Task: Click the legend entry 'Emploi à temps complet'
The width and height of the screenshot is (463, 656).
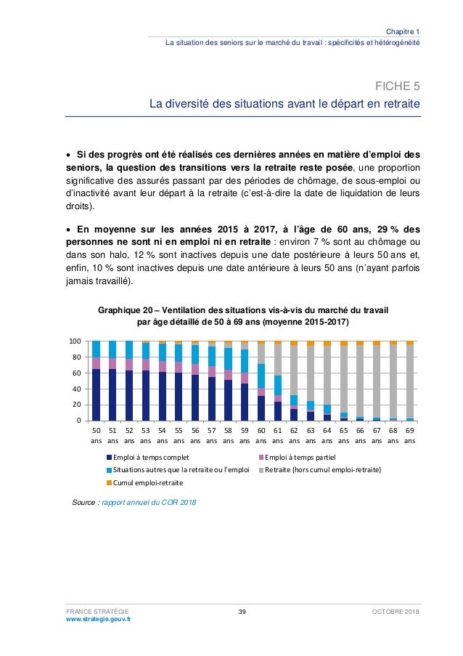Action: tap(149, 457)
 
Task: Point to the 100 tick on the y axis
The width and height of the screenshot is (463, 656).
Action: tap(74, 341)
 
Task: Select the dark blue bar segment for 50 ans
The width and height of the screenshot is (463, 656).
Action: tap(97, 394)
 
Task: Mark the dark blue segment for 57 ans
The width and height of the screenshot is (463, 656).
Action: tap(212, 399)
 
